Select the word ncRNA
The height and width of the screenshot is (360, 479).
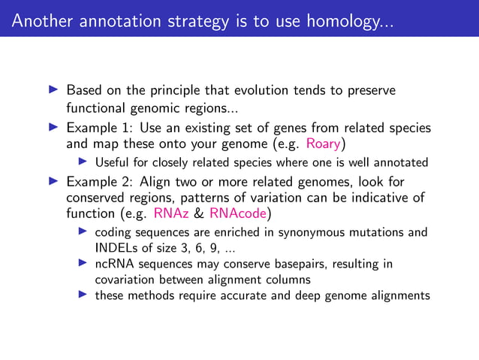pyautogui.click(x=113, y=264)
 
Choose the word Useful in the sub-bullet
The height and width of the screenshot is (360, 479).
pyautogui.click(x=113, y=162)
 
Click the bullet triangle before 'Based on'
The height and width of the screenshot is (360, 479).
pyautogui.click(x=53, y=91)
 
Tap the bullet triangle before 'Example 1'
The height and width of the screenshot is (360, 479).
pyautogui.click(x=53, y=127)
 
